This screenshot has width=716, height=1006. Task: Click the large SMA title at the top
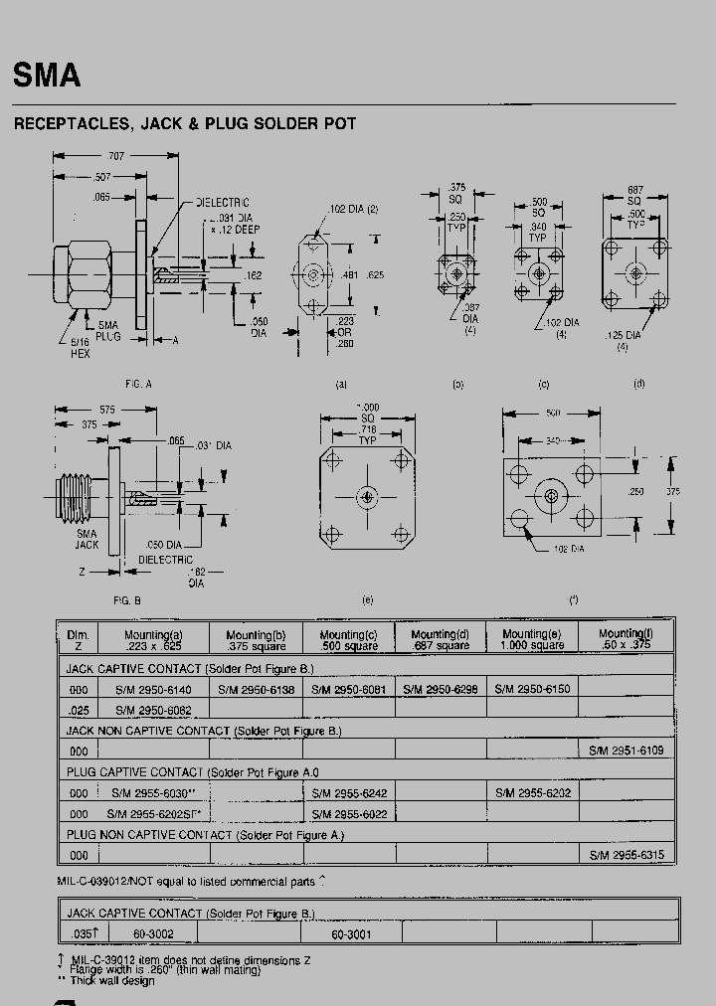pos(46,77)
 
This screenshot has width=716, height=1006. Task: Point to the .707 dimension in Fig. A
pos(116,156)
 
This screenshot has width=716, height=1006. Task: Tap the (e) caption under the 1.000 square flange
pos(369,599)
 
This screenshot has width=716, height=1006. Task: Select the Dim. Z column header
pos(78,639)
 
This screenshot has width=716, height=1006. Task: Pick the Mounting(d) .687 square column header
pos(440,639)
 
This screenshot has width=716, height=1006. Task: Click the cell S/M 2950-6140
pos(154,689)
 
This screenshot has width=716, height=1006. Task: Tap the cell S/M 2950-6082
pos(154,710)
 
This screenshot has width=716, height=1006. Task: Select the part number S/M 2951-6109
pos(626,751)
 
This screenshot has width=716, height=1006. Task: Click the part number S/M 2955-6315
pos(626,855)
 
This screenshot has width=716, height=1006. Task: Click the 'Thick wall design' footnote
pos(112,981)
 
